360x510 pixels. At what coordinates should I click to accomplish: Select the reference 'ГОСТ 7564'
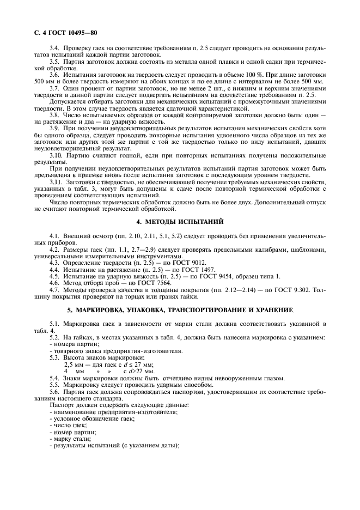[141, 283]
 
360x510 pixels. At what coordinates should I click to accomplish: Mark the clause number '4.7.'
[55, 290]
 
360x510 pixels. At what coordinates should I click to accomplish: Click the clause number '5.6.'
[55, 392]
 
